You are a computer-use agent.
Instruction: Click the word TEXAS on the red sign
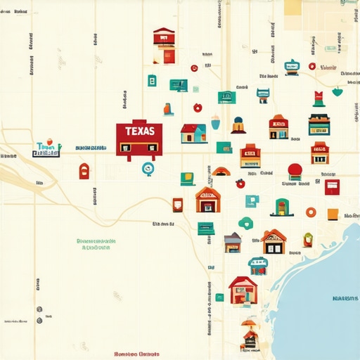coord(139,131)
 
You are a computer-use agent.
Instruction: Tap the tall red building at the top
coord(164,46)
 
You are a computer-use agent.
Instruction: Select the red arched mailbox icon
coord(84,171)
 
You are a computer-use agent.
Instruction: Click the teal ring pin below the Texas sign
coord(147,169)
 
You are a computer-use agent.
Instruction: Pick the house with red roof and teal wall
coord(193,133)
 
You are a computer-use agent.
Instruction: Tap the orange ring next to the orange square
coord(311,212)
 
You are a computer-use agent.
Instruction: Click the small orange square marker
coord(332,214)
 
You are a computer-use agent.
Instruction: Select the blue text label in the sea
coord(345,298)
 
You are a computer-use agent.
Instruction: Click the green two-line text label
coord(97,244)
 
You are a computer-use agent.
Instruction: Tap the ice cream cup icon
coord(215,122)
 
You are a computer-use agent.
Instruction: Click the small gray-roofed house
coord(233,243)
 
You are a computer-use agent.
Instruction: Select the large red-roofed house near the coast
coord(243,290)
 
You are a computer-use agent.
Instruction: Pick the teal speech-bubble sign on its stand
coord(292,67)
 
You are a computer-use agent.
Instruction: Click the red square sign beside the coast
coord(332,186)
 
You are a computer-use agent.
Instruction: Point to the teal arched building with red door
coord(282,207)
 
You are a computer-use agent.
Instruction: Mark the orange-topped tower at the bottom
coord(249,333)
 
